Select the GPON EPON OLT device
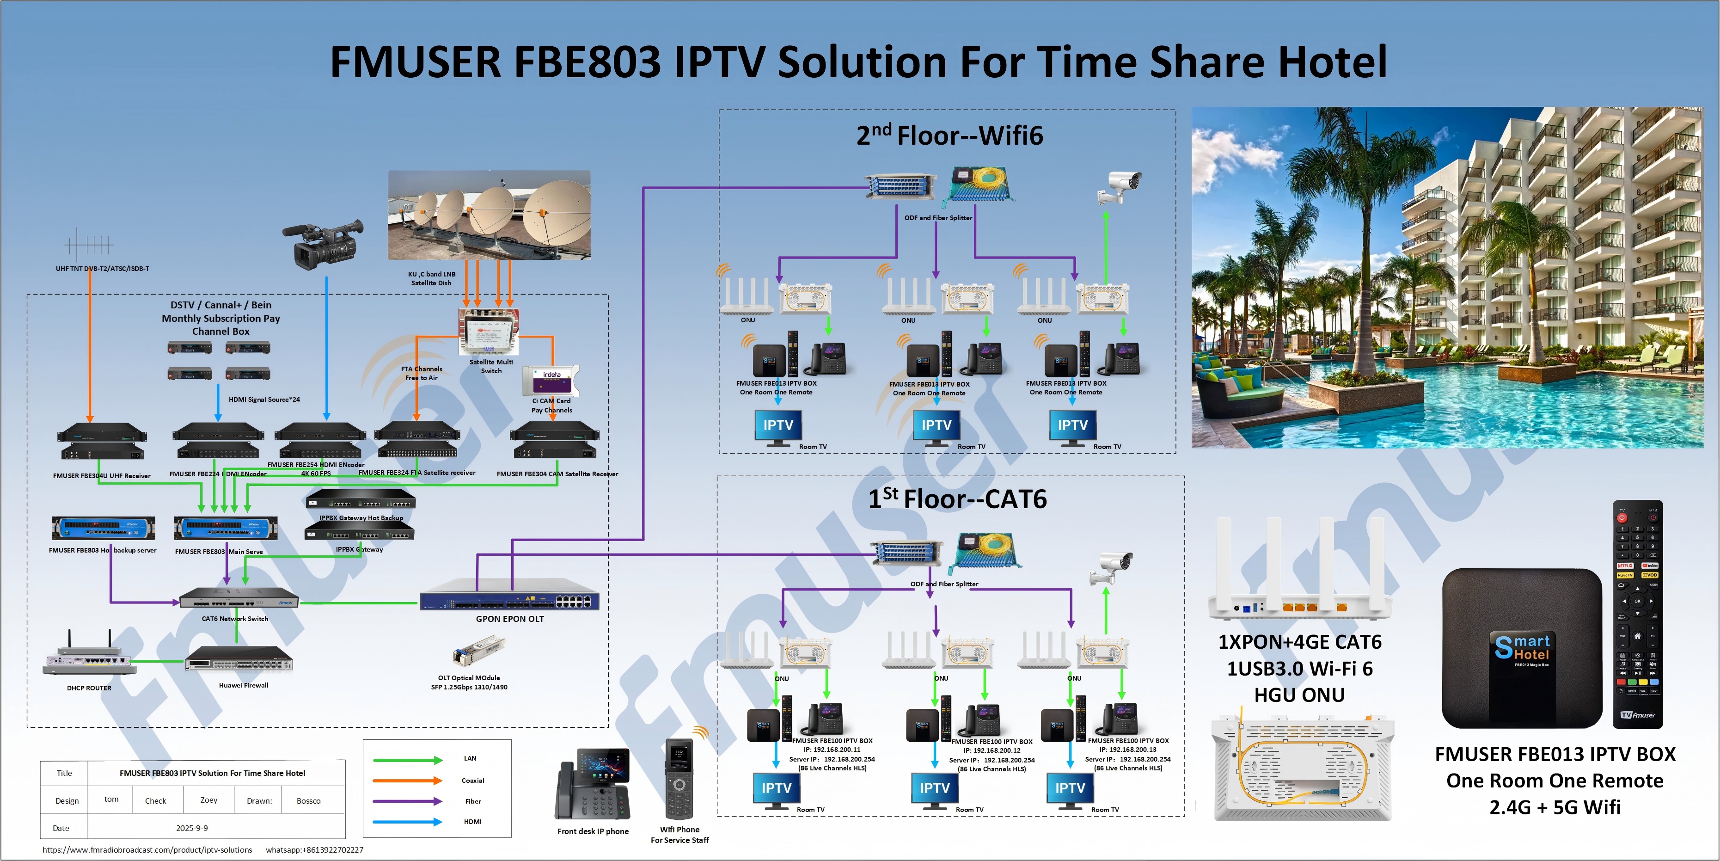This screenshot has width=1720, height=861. click(509, 599)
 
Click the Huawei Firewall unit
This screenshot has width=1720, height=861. click(239, 659)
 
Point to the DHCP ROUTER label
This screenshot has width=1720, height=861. click(89, 688)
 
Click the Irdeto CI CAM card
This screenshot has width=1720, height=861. click(551, 381)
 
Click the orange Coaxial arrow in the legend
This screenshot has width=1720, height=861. click(407, 780)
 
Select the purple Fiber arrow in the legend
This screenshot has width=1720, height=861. click(407, 801)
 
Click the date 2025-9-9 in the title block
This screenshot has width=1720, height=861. click(192, 828)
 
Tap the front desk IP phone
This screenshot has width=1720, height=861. click(592, 784)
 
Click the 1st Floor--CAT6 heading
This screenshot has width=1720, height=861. click(957, 499)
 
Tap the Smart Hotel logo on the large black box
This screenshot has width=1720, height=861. click(1522, 648)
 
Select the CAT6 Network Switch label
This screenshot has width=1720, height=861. click(235, 619)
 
